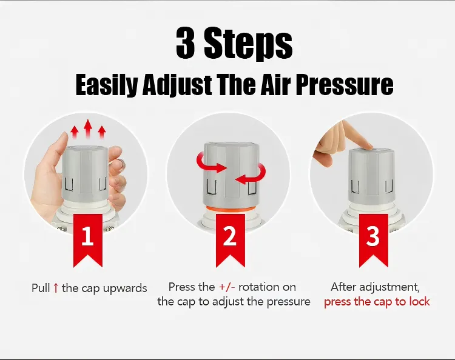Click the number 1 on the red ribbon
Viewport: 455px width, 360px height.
click(x=87, y=236)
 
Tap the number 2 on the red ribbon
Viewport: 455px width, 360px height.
click(x=230, y=236)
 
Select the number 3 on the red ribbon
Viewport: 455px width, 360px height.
click(x=373, y=236)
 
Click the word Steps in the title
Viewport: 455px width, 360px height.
click(x=248, y=44)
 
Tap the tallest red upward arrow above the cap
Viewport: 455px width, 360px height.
click(x=88, y=128)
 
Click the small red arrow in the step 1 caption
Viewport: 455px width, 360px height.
click(x=56, y=288)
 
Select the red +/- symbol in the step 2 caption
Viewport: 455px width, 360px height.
click(x=227, y=287)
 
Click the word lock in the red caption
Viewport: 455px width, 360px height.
click(x=419, y=301)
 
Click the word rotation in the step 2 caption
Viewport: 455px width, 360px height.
click(x=259, y=287)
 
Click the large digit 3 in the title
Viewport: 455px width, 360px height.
click(x=185, y=43)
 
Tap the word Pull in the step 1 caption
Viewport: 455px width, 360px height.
click(x=41, y=288)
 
